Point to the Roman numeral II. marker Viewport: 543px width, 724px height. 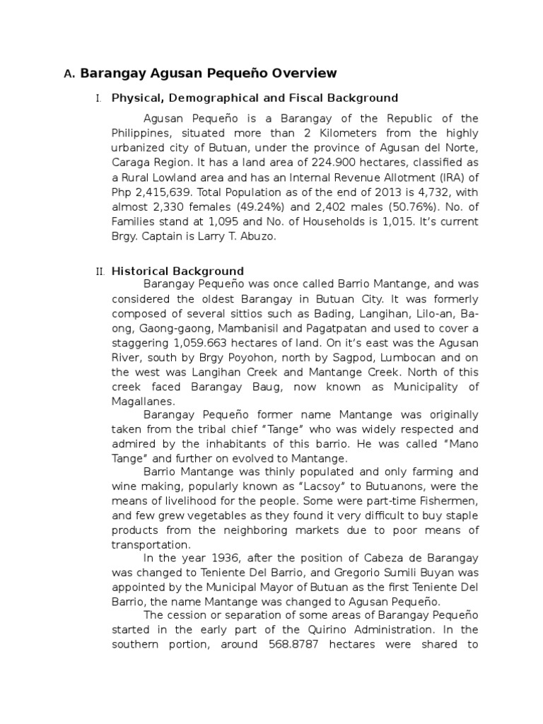coord(99,271)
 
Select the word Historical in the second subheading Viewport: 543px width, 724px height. coord(144,271)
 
